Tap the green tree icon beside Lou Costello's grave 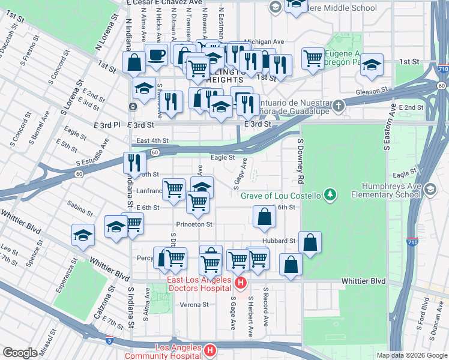tap(329, 194)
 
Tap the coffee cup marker tap(157, 56)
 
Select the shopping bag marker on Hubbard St tap(310, 244)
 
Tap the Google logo tap(20, 353)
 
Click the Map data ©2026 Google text tap(411, 355)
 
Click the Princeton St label tap(200, 224)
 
